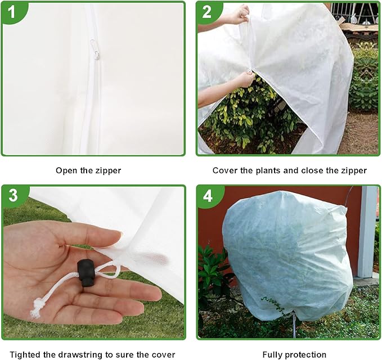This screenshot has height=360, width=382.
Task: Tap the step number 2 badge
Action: click(207, 12)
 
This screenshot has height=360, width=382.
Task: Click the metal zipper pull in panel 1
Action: click(96, 51)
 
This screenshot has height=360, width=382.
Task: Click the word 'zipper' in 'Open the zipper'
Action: click(109, 170)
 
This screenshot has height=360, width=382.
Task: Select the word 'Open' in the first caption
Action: click(65, 170)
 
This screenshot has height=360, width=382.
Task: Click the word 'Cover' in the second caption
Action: click(223, 170)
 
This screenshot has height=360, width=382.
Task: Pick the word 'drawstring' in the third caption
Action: click(86, 354)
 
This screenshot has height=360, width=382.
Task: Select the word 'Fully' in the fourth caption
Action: click(272, 354)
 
